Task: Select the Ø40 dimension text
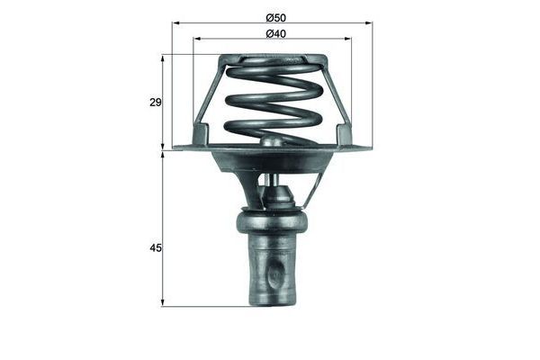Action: pyautogui.click(x=276, y=34)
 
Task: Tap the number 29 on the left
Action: pyautogui.click(x=156, y=103)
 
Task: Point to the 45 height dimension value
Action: pyautogui.click(x=156, y=247)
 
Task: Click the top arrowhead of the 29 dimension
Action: pyautogui.click(x=163, y=58)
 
